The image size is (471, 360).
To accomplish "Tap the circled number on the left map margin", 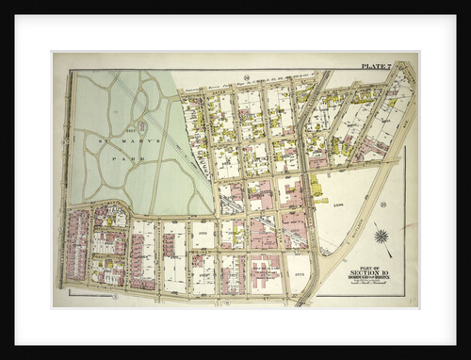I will (60, 188).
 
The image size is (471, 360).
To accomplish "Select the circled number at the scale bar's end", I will (115, 297).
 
